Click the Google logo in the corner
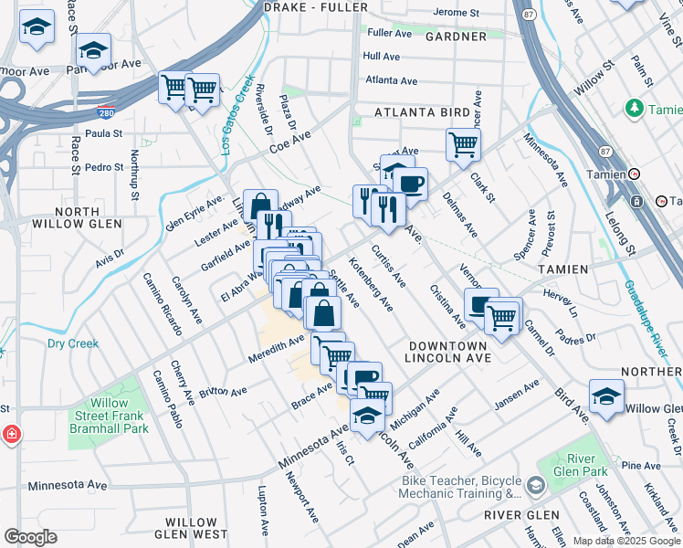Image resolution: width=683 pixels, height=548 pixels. pos(29,537)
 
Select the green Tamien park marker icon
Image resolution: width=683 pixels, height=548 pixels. pos(634,109)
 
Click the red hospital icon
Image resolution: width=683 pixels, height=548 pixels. pos(9,434)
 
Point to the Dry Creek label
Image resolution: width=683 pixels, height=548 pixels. pos(72,344)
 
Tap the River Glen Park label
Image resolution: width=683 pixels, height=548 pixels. pos(567,464)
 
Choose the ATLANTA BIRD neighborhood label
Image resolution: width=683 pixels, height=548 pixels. pos(421,113)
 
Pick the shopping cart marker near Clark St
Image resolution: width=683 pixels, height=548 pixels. pos(463,143)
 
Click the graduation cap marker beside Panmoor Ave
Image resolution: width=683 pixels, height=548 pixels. pos(92,48)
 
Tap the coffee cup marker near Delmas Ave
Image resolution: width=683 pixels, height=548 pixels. pos(410,183)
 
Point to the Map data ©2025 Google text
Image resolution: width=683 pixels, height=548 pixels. pos(625,541)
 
